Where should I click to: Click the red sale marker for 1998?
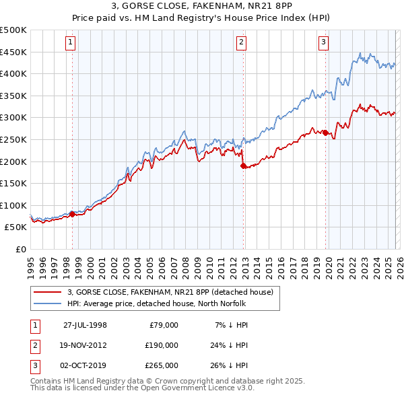[x=73, y=214]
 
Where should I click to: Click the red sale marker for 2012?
[x=243, y=165]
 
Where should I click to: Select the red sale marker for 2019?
[x=325, y=133]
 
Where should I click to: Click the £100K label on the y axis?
[x=13, y=205]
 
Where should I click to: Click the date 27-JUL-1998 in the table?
[x=85, y=324]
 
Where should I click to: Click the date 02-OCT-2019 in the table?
[x=85, y=365]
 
